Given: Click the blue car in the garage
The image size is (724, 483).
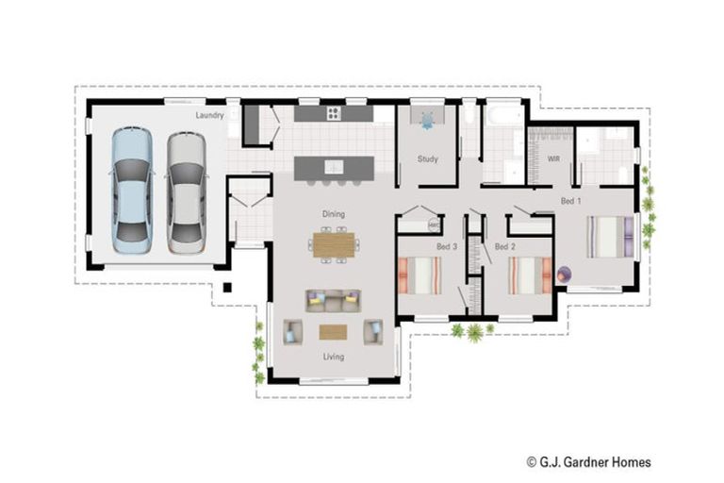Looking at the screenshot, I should pyautogui.click(x=131, y=191).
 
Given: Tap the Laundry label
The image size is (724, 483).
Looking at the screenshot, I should pyautogui.click(x=209, y=116).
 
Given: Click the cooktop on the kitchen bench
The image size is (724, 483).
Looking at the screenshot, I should pyautogui.click(x=334, y=114).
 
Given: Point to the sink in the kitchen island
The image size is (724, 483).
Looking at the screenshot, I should pyautogui.click(x=334, y=167).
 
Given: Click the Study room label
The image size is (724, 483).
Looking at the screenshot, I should pyautogui.click(x=427, y=158).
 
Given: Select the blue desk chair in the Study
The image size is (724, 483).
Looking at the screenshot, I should pyautogui.click(x=428, y=120).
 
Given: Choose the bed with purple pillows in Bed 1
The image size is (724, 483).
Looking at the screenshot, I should pyautogui.click(x=613, y=237).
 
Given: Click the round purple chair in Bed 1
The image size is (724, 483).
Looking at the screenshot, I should pyautogui.click(x=564, y=274).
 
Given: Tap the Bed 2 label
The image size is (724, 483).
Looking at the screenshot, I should pyautogui.click(x=504, y=246).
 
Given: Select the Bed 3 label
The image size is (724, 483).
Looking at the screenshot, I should pyautogui.click(x=446, y=246).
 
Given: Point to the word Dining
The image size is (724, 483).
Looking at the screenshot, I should pyautogui.click(x=333, y=214).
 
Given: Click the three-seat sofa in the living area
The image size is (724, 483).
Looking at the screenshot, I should pyautogui.click(x=333, y=300).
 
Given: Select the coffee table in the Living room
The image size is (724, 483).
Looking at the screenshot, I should pyautogui.click(x=333, y=331).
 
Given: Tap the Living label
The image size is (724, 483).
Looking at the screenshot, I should pyautogui.click(x=333, y=357).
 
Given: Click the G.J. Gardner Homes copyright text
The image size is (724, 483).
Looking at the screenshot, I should pyautogui.click(x=588, y=462).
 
